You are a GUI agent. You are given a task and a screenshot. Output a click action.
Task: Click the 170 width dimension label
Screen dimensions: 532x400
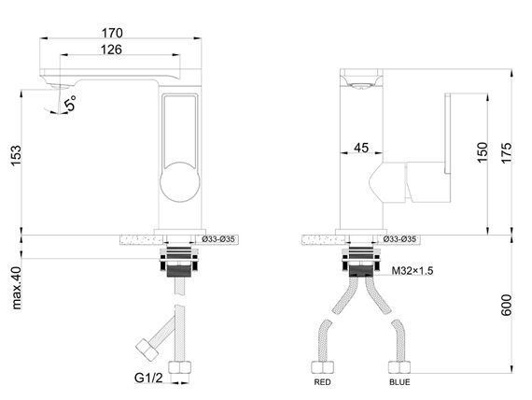point(112,33)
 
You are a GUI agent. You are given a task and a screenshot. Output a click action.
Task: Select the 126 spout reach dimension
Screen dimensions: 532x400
point(111,50)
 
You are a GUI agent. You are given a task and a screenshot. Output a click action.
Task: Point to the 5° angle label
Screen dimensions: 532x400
point(71,104)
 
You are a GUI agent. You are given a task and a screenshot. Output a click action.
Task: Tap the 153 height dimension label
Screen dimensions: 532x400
point(16,156)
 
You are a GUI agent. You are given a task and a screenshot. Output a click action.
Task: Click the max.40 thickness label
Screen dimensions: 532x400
point(16,288)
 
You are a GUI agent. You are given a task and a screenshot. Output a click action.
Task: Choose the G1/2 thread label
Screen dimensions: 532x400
point(148,378)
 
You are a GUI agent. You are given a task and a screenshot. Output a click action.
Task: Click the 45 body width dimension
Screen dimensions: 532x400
point(361,148)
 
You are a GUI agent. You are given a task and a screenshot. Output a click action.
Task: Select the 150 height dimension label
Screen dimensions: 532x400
point(483,152)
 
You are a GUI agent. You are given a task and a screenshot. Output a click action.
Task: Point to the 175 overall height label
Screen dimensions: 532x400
point(506,152)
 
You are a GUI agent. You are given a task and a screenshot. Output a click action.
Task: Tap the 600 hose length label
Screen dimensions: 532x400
point(506,305)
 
